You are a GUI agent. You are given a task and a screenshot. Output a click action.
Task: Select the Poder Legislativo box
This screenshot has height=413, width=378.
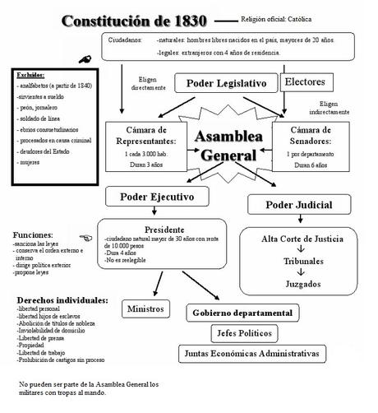pos(227,84)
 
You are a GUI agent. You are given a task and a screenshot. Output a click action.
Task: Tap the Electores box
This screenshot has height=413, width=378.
pos(309,82)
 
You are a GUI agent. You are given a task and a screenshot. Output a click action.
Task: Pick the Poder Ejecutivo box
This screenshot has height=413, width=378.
pos(157,197)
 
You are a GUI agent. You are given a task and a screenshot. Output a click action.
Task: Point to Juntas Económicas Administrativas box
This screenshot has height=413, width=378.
pos(260,354)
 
